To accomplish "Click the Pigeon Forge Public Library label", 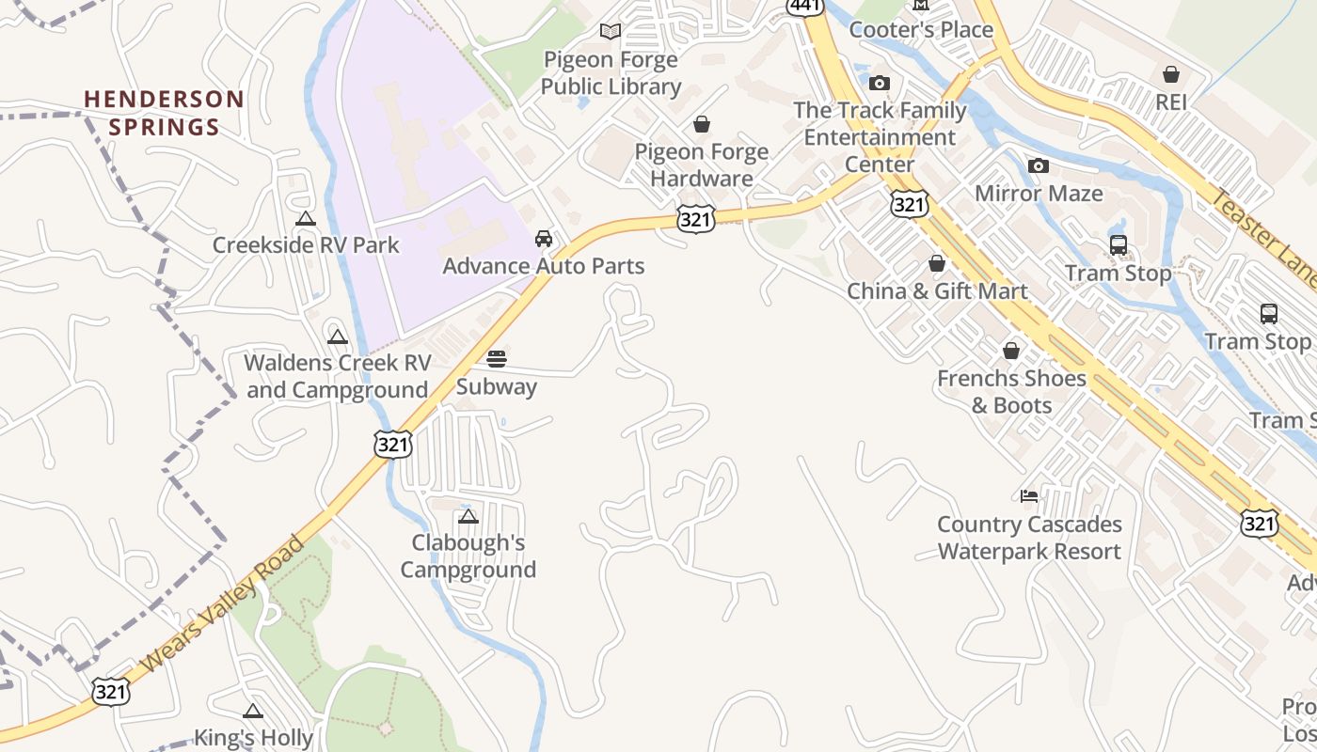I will click(x=611, y=73).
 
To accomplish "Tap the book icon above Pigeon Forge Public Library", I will click(x=611, y=31).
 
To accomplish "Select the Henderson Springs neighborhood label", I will click(x=164, y=113).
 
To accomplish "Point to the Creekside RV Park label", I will click(x=306, y=245).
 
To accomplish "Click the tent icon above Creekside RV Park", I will click(x=305, y=219).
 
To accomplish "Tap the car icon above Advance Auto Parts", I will click(x=544, y=239).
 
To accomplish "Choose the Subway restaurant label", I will click(x=497, y=386).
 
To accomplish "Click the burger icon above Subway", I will click(x=497, y=358).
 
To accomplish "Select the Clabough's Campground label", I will click(x=468, y=556).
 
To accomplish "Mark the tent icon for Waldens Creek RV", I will click(x=337, y=337).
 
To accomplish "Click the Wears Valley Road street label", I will click(x=224, y=604).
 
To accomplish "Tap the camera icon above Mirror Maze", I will click(x=1039, y=166).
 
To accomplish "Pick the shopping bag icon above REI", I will click(x=1171, y=74).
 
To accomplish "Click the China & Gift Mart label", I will click(x=937, y=291).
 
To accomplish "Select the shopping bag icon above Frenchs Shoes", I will click(x=1011, y=351).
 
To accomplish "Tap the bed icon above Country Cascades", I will click(x=1029, y=495).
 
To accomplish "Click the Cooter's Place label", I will click(x=921, y=30).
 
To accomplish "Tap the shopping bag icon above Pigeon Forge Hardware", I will click(x=702, y=124).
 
